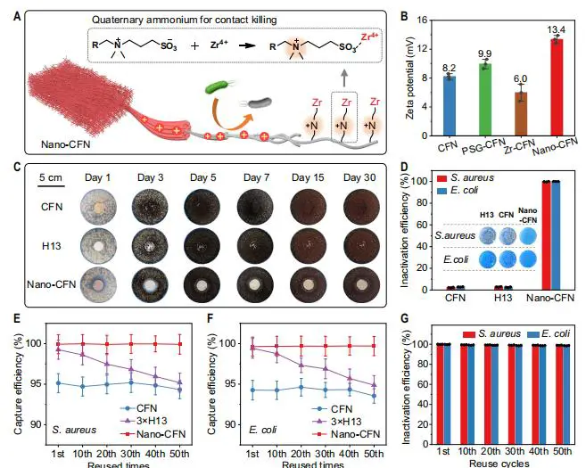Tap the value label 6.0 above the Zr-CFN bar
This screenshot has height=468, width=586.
tap(520, 78)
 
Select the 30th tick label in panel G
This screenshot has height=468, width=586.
tap(512, 452)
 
